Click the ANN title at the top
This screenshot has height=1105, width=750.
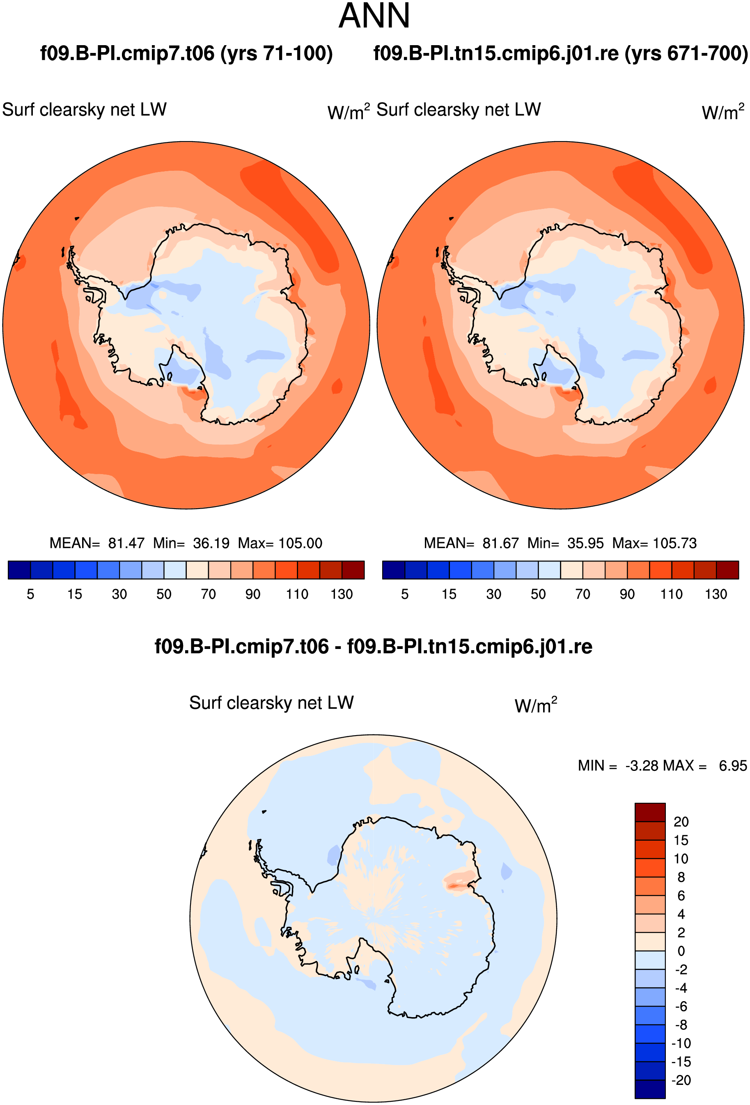click(374, 16)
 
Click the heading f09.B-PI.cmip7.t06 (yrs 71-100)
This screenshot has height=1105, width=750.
click(186, 53)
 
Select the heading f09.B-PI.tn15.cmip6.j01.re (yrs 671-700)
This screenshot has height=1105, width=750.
click(561, 53)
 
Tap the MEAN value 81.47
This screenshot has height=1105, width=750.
click(126, 543)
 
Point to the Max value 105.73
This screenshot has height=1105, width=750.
click(675, 543)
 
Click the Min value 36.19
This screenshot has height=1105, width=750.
click(211, 543)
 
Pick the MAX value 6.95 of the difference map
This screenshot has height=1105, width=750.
click(733, 766)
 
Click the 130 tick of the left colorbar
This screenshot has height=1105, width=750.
click(342, 594)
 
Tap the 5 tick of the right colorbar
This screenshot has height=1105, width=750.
click(405, 594)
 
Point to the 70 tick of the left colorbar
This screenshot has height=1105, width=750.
click(208, 594)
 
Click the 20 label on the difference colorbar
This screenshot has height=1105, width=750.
click(681, 822)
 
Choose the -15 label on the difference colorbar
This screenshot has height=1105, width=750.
click(681, 1062)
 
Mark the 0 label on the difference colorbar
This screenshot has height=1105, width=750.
click(681, 951)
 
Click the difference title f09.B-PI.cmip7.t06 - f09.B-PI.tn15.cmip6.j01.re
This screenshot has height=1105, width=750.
click(373, 646)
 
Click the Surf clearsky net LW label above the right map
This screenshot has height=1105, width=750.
click(459, 110)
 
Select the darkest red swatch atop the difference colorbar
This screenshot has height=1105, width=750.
click(650, 812)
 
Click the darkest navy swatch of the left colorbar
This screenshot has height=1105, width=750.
click(19, 570)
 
